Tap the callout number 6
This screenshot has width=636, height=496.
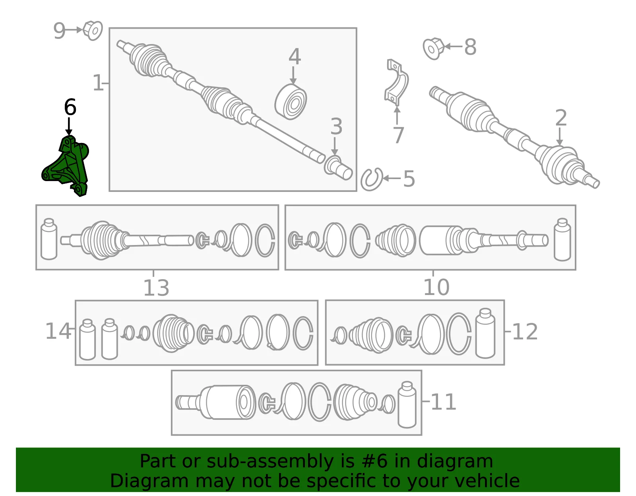click(70, 107)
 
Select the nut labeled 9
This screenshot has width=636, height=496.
click(93, 31)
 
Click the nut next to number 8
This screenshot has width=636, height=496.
click(433, 48)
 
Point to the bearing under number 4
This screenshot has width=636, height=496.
click(291, 101)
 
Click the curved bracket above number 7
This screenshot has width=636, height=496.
click(396, 82)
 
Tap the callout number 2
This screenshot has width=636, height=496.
click(561, 118)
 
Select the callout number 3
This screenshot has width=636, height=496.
click(336, 127)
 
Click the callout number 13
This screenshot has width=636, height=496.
click(156, 288)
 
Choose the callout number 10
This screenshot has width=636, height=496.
click(436, 287)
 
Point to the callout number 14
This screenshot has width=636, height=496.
click(58, 331)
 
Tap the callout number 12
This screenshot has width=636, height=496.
click(525, 332)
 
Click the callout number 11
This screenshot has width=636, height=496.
click(444, 402)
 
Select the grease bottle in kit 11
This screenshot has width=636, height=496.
click(407, 405)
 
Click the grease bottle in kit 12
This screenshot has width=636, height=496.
click(486, 333)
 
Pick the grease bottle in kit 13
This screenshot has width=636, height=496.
click(49, 239)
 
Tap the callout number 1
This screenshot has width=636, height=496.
click(98, 83)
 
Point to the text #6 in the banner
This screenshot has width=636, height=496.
click(374, 461)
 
